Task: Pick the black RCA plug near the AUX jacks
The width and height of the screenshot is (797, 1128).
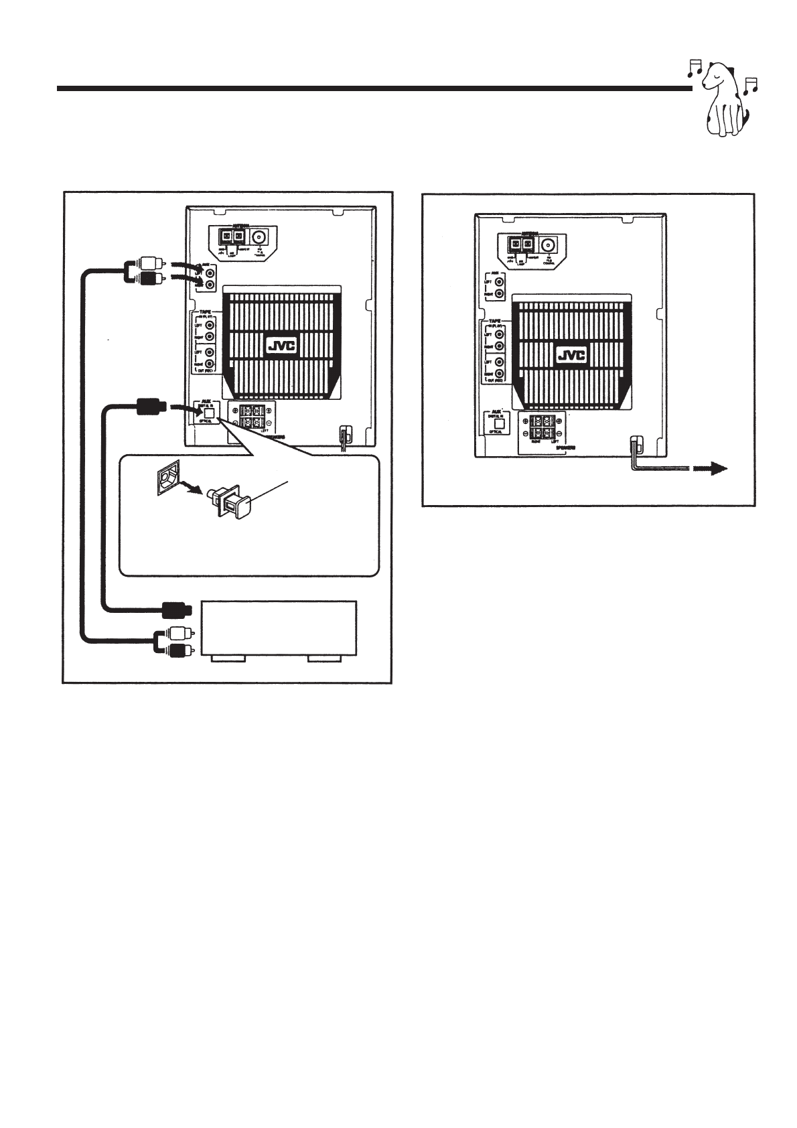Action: pos(145,278)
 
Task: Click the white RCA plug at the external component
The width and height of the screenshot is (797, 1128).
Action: pos(178,632)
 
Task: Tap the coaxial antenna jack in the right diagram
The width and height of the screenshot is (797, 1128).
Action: pos(551,245)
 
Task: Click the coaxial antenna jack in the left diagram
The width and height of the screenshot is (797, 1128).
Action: pos(260,237)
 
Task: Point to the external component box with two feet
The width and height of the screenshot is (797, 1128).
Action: pos(279,628)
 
